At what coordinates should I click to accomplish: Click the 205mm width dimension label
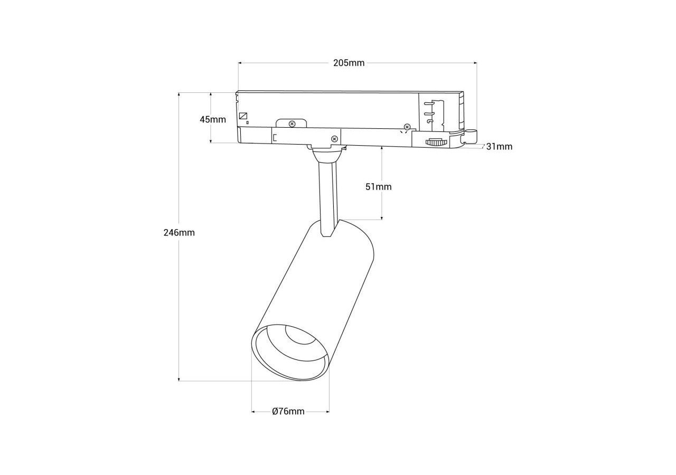349,63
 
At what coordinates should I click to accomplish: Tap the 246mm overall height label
179,233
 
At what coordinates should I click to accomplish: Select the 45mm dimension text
213,120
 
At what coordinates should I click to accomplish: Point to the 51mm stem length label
379,187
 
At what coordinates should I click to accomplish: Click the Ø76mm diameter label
288,411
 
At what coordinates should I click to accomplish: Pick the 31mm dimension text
499,147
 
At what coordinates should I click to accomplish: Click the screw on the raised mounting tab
292,123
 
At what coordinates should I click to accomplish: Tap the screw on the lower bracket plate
334,139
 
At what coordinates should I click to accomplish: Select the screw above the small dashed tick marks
407,127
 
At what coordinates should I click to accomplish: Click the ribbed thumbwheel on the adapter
434,142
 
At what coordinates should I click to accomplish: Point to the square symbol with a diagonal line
243,116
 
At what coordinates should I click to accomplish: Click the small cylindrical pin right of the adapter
471,136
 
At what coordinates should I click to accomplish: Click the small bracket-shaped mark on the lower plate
274,138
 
